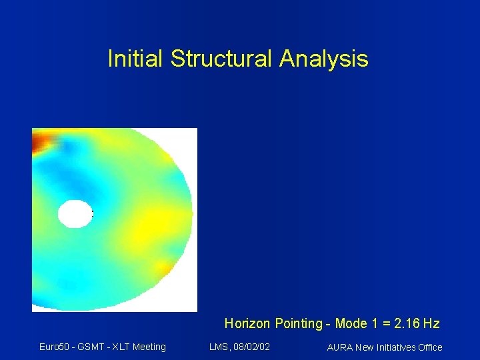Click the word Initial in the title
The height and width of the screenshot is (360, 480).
[135, 59]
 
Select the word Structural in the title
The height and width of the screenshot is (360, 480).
[221, 59]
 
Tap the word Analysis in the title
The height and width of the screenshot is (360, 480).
[324, 59]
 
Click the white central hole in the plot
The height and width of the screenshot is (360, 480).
[75, 213]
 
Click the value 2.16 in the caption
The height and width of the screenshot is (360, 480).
[407, 324]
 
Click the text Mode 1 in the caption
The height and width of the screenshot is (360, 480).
[356, 324]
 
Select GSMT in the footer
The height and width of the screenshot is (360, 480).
[90, 347]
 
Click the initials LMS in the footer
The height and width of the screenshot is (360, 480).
[219, 347]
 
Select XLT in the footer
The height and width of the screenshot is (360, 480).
[119, 347]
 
